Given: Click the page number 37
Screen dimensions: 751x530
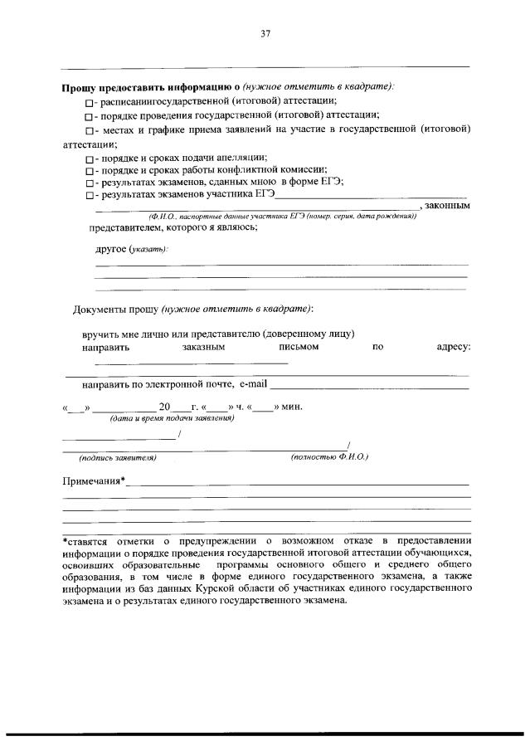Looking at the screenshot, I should click(265, 34).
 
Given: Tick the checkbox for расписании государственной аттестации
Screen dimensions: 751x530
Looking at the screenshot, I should click(90, 101).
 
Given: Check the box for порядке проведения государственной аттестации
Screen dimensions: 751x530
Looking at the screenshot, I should click(90, 115).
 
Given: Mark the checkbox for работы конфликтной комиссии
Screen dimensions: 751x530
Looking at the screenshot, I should click(90, 170).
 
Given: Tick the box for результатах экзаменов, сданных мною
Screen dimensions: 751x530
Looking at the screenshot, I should click(90, 183).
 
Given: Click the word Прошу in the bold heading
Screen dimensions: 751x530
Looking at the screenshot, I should click(80, 85).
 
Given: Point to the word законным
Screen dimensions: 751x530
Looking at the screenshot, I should click(448, 206).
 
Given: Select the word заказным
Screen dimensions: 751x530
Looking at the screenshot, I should click(203, 347).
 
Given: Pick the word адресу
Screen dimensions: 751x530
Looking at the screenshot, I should click(453, 347).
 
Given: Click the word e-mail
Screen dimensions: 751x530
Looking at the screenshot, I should click(254, 385).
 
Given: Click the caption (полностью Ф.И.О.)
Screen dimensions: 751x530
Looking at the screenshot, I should click(329, 457).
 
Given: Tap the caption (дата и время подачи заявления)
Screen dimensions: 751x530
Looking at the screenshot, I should click(173, 418).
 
